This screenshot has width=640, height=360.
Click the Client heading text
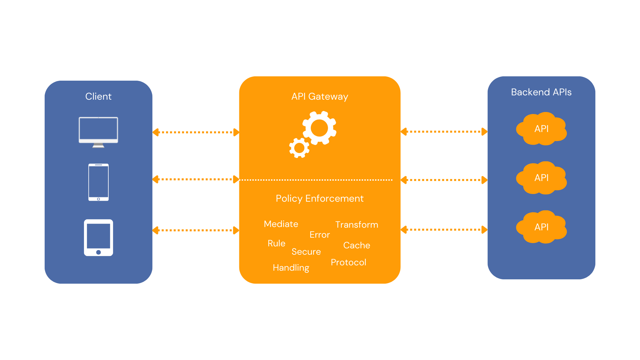(98, 96)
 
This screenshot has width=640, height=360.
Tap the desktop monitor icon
(98, 131)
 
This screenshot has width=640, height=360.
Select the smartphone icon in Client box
(98, 182)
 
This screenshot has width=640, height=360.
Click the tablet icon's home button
(98, 252)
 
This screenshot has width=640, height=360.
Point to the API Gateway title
(320, 96)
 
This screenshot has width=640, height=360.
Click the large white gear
(319, 128)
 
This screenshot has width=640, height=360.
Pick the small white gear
(299, 148)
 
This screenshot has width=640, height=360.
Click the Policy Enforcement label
(320, 198)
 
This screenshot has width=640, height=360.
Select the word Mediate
(281, 224)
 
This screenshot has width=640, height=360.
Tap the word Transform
(357, 225)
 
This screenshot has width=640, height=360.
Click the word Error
(320, 235)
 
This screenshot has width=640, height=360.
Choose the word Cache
(357, 245)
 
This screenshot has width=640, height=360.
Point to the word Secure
(306, 252)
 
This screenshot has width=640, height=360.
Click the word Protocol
(348, 262)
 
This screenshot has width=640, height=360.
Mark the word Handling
(291, 268)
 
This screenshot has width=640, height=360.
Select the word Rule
(276, 243)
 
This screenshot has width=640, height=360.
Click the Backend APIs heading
(541, 92)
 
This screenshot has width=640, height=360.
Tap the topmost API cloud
(541, 129)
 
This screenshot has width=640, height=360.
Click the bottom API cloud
(541, 227)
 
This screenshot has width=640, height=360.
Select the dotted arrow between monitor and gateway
(196, 132)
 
